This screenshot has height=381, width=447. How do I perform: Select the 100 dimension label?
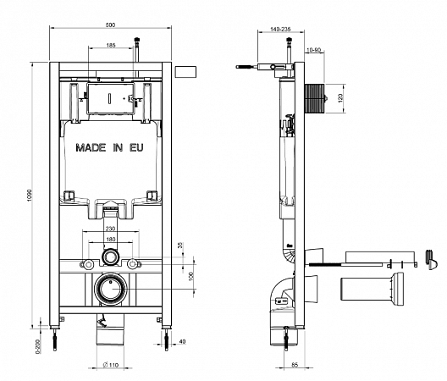point(191,275)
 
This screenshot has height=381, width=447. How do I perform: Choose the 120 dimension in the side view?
point(342,97)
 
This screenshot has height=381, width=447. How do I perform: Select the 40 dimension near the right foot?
point(183,342)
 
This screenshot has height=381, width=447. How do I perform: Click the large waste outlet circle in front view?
point(111,290)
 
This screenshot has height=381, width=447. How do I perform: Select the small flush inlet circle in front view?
point(111,257)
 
